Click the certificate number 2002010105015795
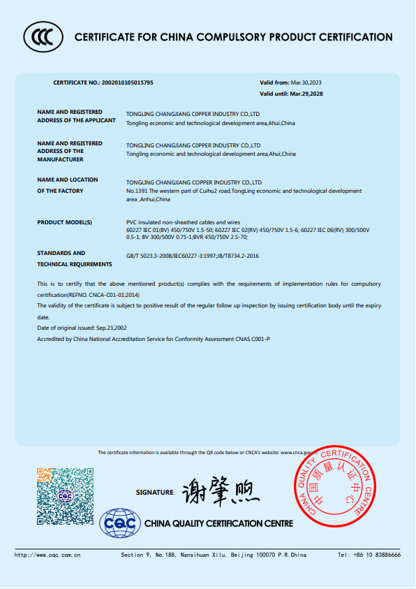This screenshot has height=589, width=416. pyautogui.click(x=127, y=82)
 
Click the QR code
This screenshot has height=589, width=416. pyautogui.click(x=65, y=496)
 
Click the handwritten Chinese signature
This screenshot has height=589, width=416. pyautogui.click(x=220, y=493)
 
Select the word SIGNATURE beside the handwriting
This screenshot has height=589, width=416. pyautogui.click(x=155, y=493)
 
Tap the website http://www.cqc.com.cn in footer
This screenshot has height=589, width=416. pyautogui.click(x=48, y=555)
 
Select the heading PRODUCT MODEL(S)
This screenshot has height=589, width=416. pyautogui.click(x=64, y=222)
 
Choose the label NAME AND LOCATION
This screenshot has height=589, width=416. pyautogui.click(x=67, y=180)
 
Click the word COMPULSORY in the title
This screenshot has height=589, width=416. pyautogui.click(x=231, y=37)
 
